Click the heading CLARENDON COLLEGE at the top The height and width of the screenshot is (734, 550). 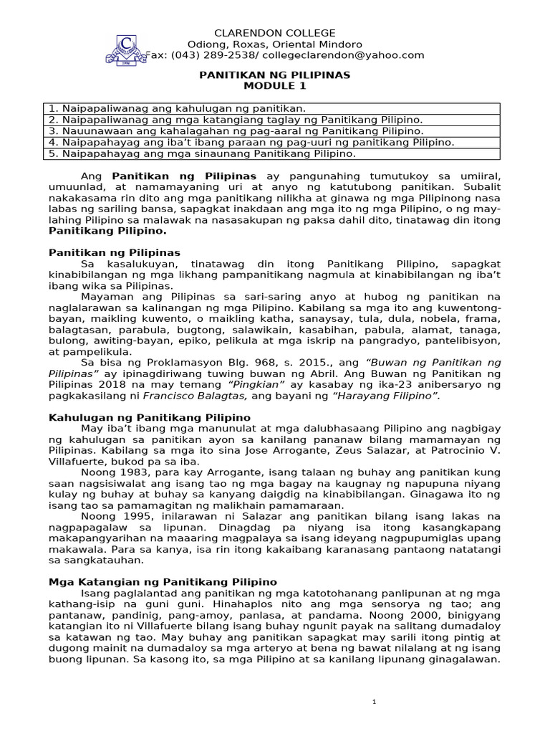point(275,34)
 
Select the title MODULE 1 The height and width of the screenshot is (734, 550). point(274,86)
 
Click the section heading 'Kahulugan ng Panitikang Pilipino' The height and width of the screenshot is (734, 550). point(149,417)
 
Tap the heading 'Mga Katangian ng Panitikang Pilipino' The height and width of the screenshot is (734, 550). point(163,582)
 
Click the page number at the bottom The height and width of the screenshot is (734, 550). point(374,702)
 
